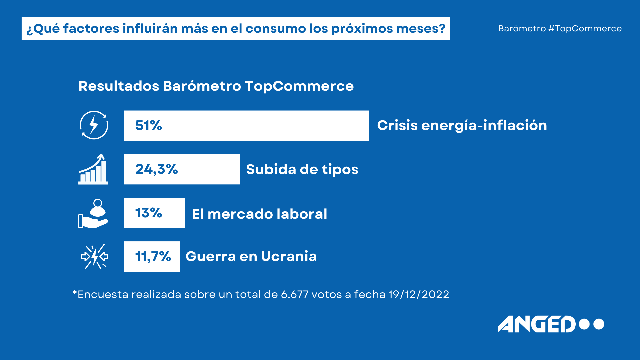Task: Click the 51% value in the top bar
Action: (149, 126)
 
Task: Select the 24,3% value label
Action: (157, 169)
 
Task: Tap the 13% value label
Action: (149, 213)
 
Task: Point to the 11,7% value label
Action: (153, 256)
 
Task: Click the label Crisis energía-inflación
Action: (462, 126)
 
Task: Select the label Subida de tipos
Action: (302, 169)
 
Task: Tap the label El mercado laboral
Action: (260, 214)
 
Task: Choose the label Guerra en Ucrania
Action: (251, 256)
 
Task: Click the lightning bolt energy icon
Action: (94, 125)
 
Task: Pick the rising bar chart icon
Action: (93, 169)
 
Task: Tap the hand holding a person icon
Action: (93, 213)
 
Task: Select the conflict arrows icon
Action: (95, 256)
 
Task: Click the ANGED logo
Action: (551, 324)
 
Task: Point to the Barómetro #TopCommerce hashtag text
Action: (560, 29)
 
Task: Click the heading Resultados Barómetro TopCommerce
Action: (216, 86)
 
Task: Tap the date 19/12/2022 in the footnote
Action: (419, 294)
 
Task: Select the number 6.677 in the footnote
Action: (295, 294)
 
